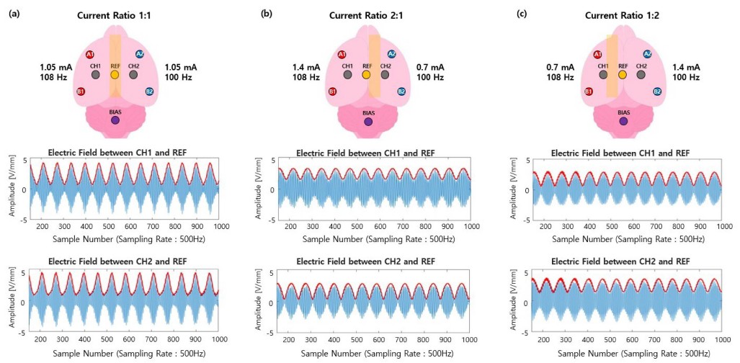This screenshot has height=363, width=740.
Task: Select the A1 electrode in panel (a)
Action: [90, 55]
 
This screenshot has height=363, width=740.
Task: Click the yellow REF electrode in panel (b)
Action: [366, 74]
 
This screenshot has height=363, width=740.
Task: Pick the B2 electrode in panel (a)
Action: [150, 92]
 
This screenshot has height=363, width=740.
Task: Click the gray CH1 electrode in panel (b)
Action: [347, 74]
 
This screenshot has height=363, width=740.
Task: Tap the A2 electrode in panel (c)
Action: [647, 54]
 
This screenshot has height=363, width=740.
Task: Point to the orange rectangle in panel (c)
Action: [611, 65]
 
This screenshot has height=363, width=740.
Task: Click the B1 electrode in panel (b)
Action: [333, 91]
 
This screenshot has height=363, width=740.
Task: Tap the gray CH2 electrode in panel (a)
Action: [133, 74]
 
